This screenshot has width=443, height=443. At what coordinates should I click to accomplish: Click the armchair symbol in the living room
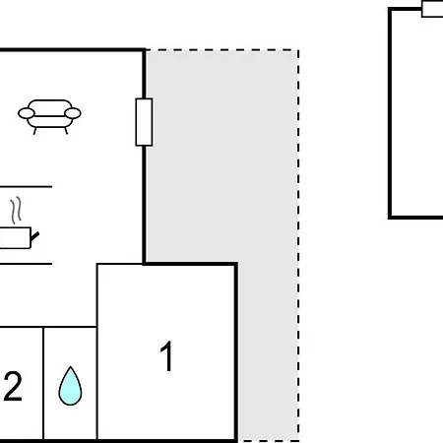coord(49,116)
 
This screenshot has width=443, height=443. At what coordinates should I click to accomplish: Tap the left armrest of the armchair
coord(27,113)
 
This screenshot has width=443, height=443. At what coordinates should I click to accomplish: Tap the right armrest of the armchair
coord(73,113)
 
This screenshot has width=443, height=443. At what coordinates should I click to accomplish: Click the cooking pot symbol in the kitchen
coord(17,237)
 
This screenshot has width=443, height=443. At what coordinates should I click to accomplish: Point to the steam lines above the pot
coord(17,211)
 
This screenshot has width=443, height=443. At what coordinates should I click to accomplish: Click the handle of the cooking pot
coord(34,236)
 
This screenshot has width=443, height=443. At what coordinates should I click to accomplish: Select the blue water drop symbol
coord(70,386)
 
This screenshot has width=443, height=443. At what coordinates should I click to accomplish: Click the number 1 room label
coord(167,356)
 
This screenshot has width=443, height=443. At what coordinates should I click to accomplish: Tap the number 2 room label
coord(13,386)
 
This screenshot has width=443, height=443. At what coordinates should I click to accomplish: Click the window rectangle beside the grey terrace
coord(144,122)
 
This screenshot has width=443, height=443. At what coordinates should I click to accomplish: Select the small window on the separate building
coord(432,8)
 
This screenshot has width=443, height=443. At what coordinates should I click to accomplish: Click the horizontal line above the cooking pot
coord(26,186)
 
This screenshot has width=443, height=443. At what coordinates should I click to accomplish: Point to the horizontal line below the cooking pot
coord(26,264)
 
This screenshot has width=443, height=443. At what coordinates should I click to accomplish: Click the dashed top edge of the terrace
coord(222,50)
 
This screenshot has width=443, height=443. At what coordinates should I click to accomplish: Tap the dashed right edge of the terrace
coord(298,246)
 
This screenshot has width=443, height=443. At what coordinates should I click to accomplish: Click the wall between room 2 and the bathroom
coord(43,384)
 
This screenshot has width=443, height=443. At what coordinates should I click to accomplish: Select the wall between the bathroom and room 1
coord(97,351)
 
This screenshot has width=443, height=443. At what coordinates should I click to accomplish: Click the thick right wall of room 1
coord(236,351)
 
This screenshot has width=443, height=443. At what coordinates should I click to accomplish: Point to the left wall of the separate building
coord(390,113)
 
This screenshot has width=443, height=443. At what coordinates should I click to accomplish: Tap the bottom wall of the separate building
coord(415,218)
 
